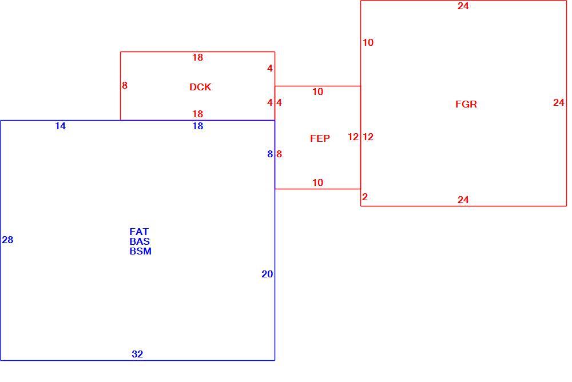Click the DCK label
click(200, 87)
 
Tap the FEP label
click(320, 138)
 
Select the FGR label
click(466, 104)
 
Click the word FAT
click(139, 232)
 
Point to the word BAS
click(140, 241)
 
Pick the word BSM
click(141, 251)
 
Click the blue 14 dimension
click(60, 126)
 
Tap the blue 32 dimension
click(137, 354)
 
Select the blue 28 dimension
click(7, 240)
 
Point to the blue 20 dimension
click(267, 274)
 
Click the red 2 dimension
click(365, 197)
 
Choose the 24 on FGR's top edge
click(463, 6)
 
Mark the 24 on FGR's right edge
click(559, 102)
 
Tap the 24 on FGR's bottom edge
click(463, 200)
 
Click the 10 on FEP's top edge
click(317, 91)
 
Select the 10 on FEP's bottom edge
click(317, 182)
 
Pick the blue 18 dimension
click(198, 126)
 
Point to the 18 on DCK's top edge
click(198, 57)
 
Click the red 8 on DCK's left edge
click(125, 85)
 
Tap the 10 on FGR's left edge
click(368, 42)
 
